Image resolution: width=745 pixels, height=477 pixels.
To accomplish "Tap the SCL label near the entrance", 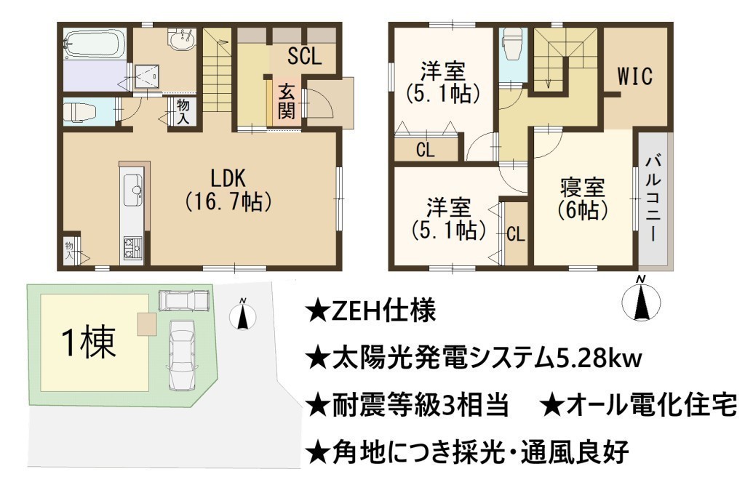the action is (305, 56).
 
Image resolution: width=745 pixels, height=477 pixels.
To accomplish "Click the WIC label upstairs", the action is (634, 76).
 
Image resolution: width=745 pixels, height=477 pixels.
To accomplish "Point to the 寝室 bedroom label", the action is (583, 188).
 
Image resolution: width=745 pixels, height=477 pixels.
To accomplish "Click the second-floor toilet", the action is (511, 44).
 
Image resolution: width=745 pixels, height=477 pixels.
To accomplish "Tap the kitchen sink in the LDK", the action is (132, 190).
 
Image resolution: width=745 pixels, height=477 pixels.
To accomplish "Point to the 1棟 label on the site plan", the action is (89, 343).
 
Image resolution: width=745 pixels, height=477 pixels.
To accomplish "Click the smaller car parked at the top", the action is (183, 300).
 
